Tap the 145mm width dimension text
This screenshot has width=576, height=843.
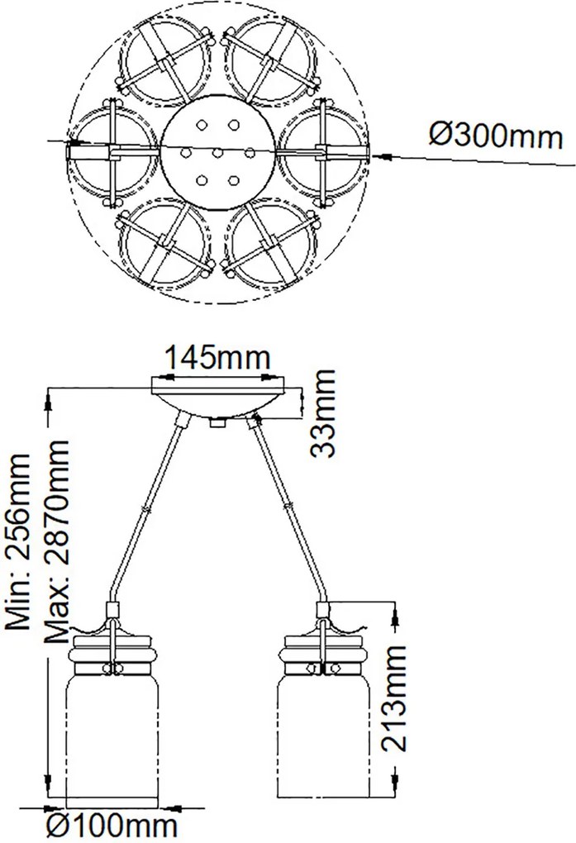click(217, 357)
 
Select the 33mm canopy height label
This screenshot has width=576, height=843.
click(324, 413)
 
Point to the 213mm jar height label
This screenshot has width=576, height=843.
click(393, 698)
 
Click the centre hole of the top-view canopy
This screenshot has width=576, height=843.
click(217, 153)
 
